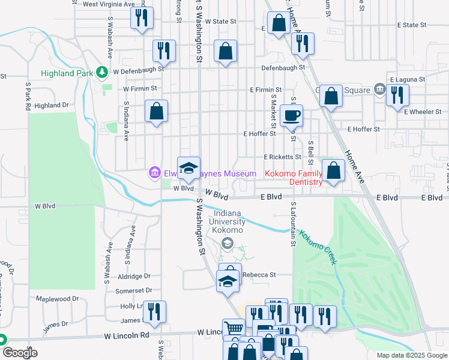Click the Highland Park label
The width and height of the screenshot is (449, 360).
[x=68, y=73]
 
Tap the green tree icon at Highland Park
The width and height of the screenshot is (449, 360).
[x=103, y=73]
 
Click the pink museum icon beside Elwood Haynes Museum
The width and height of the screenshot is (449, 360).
[x=154, y=173]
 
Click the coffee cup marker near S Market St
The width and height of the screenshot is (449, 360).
[x=292, y=115]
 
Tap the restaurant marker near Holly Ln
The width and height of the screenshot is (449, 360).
[x=154, y=311]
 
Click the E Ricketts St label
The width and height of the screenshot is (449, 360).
[x=282, y=157]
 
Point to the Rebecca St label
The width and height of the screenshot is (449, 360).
[x=259, y=275]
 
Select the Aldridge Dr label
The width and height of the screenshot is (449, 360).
[x=134, y=276]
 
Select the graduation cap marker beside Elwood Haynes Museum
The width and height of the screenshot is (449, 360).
[x=188, y=167]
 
